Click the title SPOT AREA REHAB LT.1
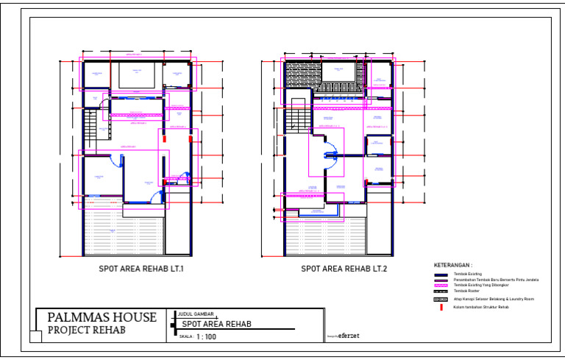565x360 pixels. coord(141,269)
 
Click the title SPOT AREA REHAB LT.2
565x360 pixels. coord(344,269)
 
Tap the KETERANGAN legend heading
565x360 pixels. coord(453,264)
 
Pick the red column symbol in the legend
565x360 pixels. coord(440,307)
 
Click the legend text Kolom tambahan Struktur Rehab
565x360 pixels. coord(480,307)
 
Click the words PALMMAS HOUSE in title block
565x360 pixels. coord(102,317)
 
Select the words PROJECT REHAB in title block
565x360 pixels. coord(86,330)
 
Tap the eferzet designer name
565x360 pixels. coord(349,336)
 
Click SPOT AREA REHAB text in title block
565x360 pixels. coord(216,324)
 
